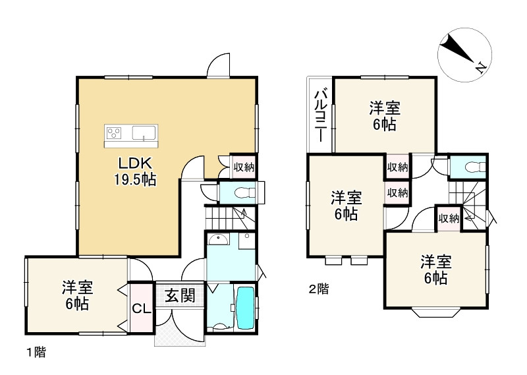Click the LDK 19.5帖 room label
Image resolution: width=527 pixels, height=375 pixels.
[x=137, y=171]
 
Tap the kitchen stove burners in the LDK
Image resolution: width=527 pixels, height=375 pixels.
[x=113, y=133]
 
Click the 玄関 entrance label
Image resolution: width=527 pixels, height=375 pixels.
[x=179, y=295]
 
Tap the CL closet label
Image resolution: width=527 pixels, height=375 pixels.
[x=140, y=308]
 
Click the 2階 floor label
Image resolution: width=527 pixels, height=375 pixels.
[x=319, y=288]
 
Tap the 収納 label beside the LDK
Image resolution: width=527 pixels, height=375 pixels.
[x=243, y=167]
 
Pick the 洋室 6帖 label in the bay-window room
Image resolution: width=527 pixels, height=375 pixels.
[x=435, y=270]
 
